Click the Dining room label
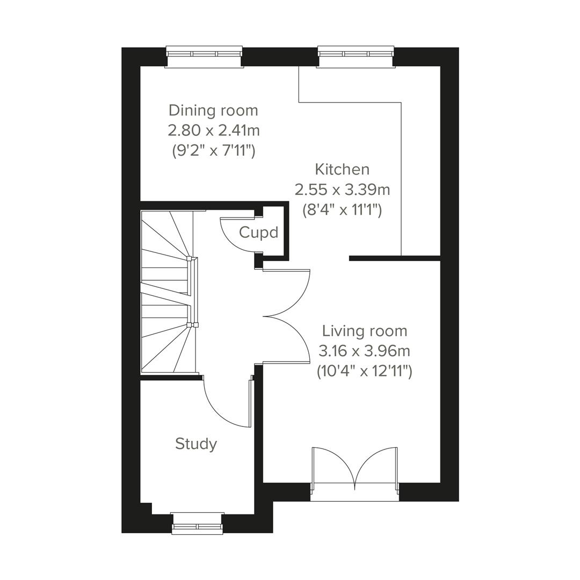213,111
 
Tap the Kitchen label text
342,170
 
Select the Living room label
364,331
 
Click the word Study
196,444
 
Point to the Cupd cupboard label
259,233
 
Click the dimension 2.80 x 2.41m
214,130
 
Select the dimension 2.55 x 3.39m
342,190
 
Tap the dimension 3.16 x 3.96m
364,351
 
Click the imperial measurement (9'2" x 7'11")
213,151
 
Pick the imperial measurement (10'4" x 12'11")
364,371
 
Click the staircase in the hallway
166,293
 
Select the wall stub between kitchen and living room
394,258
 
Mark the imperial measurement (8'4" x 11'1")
342,210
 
